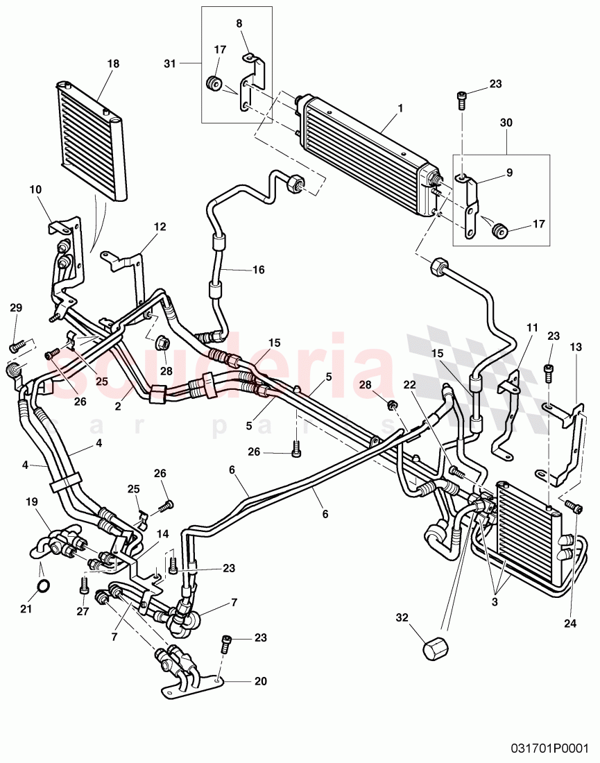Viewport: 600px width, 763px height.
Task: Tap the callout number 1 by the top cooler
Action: pyautogui.click(x=400, y=110)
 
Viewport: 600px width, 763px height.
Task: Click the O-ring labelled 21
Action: pyautogui.click(x=43, y=586)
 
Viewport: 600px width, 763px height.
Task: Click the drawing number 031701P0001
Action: pyautogui.click(x=548, y=749)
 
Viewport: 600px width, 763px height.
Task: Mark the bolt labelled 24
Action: pyautogui.click(x=574, y=507)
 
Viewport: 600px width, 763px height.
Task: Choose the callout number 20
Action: pyautogui.click(x=260, y=681)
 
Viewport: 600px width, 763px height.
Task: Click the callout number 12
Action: pyautogui.click(x=160, y=226)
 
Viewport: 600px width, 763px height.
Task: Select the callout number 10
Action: pyautogui.click(x=35, y=189)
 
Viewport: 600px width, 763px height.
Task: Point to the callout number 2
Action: pyautogui.click(x=119, y=406)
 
